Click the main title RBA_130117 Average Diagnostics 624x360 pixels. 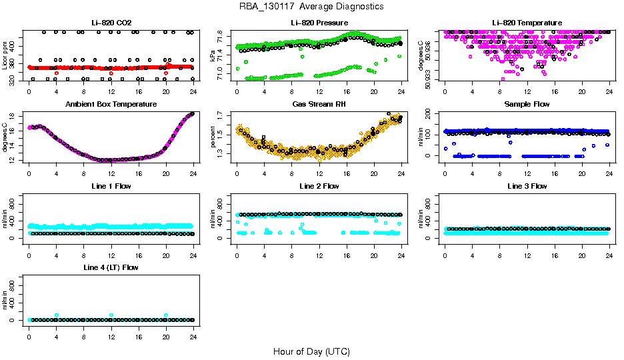(311, 7)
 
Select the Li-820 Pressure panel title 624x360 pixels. (318, 23)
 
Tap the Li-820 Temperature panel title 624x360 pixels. (527, 23)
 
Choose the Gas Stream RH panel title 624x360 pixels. (318, 105)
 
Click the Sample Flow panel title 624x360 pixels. (527, 105)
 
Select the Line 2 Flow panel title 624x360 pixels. (318, 186)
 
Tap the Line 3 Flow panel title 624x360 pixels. (527, 186)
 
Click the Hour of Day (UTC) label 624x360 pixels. (311, 351)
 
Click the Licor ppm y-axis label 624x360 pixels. (5, 57)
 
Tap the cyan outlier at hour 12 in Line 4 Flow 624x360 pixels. (111, 315)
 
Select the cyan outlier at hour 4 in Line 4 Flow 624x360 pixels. (57, 315)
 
